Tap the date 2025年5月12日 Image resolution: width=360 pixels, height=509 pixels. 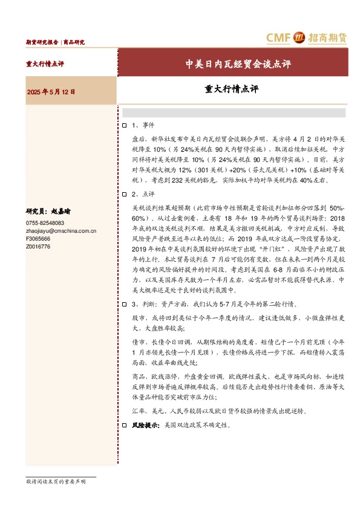[x=51, y=92]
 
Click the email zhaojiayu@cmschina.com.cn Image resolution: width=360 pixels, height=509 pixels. [x=61, y=231]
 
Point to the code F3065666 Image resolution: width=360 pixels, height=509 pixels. [x=38, y=239]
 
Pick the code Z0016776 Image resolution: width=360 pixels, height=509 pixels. [x=38, y=247]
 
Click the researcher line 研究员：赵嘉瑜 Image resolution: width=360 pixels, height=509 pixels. [x=48, y=212]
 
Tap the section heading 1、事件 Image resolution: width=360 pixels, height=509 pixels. [x=143, y=125]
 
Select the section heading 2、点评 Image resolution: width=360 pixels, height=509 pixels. [x=143, y=194]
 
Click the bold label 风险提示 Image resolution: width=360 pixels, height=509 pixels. [x=143, y=426]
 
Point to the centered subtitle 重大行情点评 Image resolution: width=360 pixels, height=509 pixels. [x=231, y=89]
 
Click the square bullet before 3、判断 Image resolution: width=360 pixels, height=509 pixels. [x=124, y=305]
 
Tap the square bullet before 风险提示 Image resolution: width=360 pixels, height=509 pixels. [x=124, y=426]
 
